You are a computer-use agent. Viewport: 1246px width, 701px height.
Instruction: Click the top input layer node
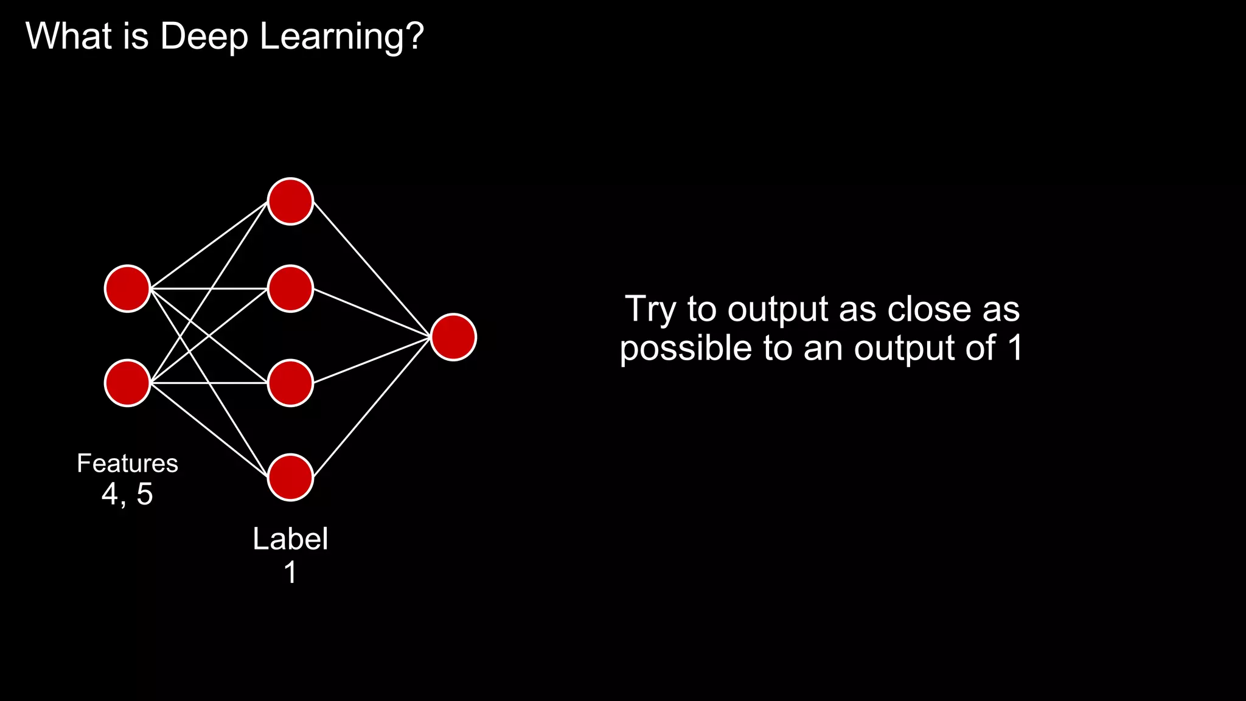coord(127,288)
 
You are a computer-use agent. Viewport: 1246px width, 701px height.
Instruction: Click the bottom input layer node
coord(127,383)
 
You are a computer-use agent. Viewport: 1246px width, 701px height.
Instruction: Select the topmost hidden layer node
coord(290,201)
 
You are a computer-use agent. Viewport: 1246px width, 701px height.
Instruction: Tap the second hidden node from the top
coord(290,288)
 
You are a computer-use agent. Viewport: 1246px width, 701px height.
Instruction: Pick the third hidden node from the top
coord(290,383)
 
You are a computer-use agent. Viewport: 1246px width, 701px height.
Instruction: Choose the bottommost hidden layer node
coord(290,477)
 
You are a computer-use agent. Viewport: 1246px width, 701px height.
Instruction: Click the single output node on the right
coord(453,337)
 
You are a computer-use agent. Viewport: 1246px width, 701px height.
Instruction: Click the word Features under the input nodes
coord(127,464)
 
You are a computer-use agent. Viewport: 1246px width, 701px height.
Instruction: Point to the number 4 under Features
coord(110,493)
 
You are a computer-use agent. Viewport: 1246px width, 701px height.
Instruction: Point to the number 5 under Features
coord(145,493)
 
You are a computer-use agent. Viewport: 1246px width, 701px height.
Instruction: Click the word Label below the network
coord(290,539)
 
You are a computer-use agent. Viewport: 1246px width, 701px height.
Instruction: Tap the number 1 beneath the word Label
coord(291,573)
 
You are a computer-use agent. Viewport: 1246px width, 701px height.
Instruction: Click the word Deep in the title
coord(204,37)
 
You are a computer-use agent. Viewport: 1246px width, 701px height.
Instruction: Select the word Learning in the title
coord(341,37)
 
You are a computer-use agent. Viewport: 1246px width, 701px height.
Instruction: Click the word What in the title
coord(69,37)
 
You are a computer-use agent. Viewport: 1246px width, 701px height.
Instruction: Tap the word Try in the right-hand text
coord(650,309)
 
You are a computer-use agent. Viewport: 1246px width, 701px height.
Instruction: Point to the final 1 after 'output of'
coord(1015,348)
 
